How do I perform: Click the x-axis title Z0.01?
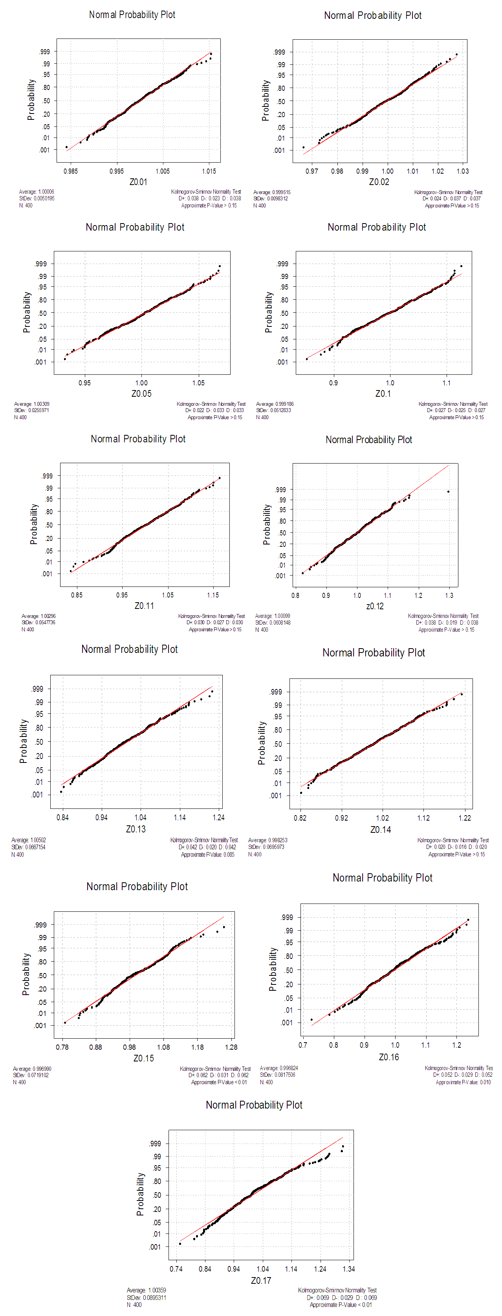point(138,182)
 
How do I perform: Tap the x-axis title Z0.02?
point(379,182)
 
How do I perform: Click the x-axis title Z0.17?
point(261,1280)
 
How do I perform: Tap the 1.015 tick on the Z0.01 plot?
point(209,171)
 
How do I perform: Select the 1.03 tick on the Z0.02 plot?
point(463,171)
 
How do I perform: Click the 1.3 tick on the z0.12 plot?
point(449,595)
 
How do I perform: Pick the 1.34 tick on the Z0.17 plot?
point(349,1268)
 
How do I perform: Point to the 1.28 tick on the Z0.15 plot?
point(231,1047)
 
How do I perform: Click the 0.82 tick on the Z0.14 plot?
point(300,818)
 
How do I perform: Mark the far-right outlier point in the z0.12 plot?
point(448,492)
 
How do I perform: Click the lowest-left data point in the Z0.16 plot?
point(311,1020)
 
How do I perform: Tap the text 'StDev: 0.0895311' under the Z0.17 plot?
point(147,1297)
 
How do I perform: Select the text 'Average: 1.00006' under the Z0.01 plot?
point(37,192)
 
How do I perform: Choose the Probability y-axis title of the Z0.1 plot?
point(269,313)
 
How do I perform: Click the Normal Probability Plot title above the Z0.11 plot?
point(138,439)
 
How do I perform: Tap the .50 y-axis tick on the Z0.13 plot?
point(39,742)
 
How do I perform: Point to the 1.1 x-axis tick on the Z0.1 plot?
point(446,383)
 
